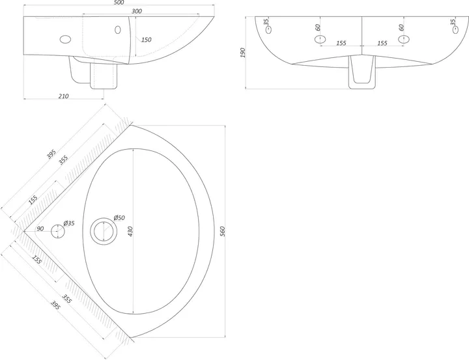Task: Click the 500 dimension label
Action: click(x=119, y=3)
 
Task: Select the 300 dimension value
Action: click(x=136, y=11)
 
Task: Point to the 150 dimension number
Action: click(x=147, y=40)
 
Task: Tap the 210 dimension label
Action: click(x=63, y=96)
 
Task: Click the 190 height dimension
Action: click(x=242, y=52)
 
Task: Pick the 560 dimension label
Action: click(x=222, y=231)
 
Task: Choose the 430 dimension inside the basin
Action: click(x=130, y=231)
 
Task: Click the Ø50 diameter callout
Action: click(x=119, y=217)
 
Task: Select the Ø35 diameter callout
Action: click(x=69, y=223)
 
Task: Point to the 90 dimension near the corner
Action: click(x=40, y=228)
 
